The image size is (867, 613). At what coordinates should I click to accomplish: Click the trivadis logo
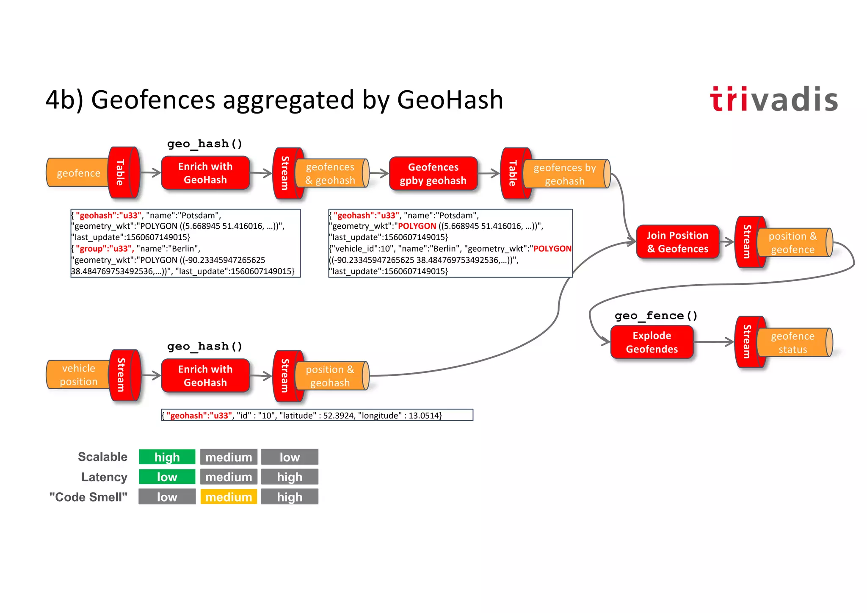[774, 100]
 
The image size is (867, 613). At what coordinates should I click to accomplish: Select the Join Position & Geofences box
[677, 242]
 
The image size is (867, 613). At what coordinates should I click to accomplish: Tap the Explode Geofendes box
[652, 342]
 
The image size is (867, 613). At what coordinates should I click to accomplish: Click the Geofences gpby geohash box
[433, 174]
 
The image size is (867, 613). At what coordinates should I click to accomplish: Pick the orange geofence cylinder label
[78, 173]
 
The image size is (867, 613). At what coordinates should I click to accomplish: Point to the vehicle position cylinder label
[78, 375]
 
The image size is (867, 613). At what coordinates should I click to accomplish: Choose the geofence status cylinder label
[792, 343]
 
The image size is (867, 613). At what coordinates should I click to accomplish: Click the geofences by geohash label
[564, 174]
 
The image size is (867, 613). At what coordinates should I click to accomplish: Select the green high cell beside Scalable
[167, 457]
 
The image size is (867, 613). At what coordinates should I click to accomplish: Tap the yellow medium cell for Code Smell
[229, 497]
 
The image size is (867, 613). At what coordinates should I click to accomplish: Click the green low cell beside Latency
[167, 477]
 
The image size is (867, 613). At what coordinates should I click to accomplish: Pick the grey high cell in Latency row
[290, 477]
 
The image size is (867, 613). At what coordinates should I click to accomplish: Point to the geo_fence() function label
[656, 316]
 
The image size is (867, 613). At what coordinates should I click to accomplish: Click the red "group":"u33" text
[104, 249]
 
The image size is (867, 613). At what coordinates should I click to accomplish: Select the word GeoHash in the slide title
[450, 100]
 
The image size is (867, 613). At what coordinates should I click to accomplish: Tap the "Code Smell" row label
[88, 497]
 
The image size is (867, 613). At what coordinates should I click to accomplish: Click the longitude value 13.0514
[425, 416]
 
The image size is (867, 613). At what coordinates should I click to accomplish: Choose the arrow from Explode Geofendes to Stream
[714, 342]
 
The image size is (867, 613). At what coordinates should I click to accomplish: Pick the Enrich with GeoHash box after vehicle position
[205, 376]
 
